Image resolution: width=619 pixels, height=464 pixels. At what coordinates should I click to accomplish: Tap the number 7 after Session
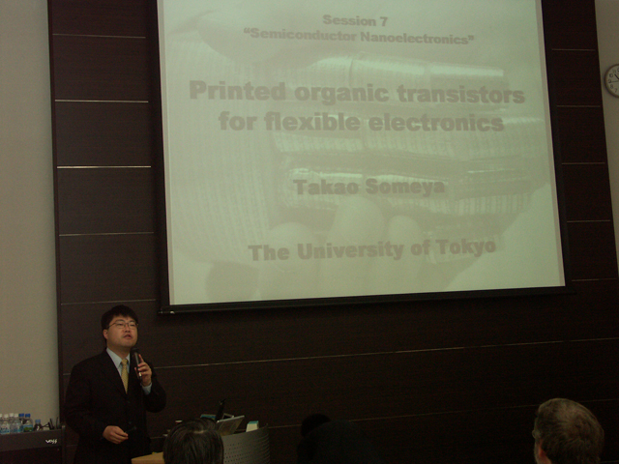(383, 21)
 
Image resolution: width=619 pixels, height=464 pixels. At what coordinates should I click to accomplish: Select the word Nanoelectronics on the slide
(417, 39)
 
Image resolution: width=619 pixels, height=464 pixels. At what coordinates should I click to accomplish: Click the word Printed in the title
(238, 91)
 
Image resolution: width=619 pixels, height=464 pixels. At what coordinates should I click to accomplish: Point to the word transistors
(460, 95)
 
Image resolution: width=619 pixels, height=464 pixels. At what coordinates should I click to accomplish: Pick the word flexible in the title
(312, 121)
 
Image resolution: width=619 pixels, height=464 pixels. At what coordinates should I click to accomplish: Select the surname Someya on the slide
(405, 187)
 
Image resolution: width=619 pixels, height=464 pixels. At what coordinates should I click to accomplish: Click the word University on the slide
(350, 251)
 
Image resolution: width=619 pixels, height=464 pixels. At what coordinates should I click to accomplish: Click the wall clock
(612, 80)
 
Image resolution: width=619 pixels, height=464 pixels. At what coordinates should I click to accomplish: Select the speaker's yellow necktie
(125, 375)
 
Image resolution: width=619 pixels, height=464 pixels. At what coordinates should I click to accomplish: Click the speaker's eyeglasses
(124, 325)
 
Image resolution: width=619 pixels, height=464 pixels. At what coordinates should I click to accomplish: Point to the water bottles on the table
(16, 423)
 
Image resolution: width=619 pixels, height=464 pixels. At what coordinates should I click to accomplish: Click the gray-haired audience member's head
(568, 431)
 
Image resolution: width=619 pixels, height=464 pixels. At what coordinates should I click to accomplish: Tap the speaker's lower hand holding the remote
(115, 434)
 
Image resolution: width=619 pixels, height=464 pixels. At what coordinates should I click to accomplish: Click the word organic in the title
(341, 94)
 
